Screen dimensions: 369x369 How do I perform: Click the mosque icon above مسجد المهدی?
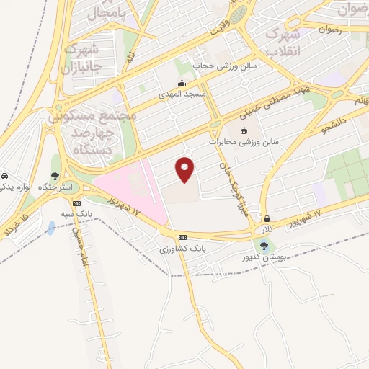pos(182,83)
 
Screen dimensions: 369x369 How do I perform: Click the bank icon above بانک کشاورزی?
pos(182,237)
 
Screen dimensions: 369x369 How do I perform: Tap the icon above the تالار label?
pos(267,218)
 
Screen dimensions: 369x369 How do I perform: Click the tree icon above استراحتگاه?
pos(55,176)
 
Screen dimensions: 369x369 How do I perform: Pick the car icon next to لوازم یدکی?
pos(4,176)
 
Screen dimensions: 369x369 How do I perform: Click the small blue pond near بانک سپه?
pos(50,229)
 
